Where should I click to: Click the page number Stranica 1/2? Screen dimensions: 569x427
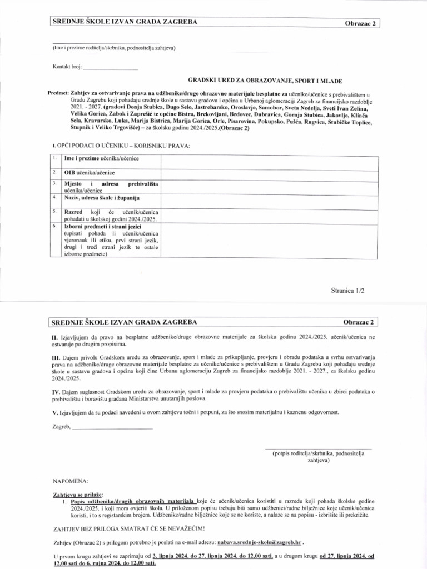coord(349,290)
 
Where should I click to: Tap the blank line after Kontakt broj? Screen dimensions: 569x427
coord(110,68)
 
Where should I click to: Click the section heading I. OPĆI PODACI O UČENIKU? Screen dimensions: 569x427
coord(121,146)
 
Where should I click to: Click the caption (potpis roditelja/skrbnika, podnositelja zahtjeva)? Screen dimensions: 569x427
coord(318,456)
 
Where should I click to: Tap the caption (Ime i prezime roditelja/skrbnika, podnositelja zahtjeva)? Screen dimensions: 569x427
coord(114,48)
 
